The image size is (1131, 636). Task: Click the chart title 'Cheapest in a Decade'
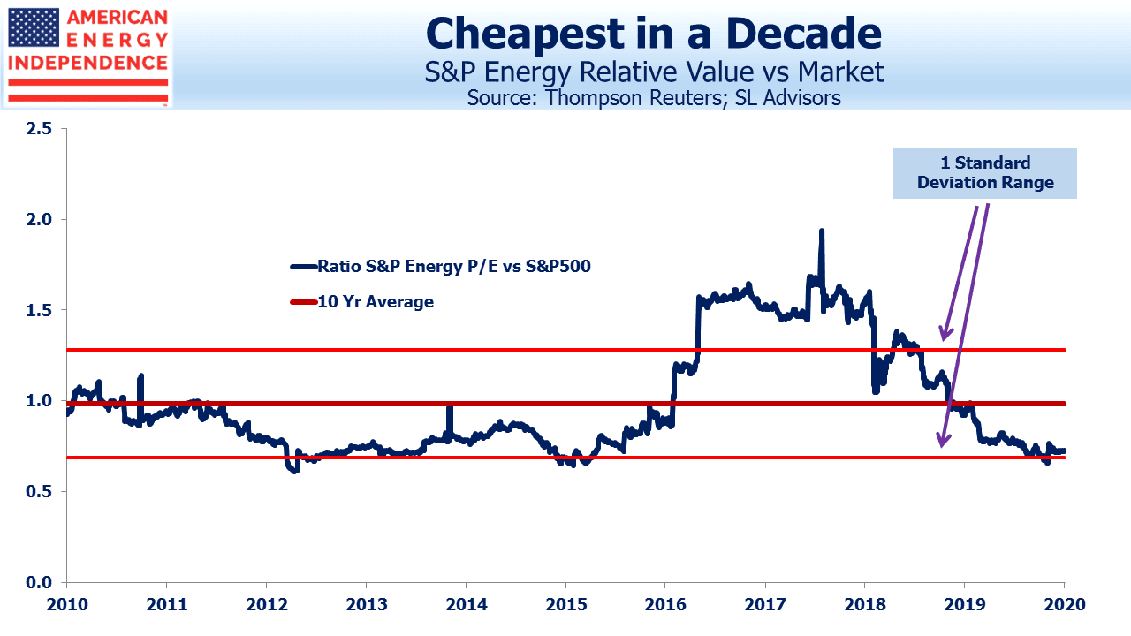[653, 34]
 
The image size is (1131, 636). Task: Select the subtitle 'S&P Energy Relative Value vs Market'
[653, 72]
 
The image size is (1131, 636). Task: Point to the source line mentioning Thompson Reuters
[653, 98]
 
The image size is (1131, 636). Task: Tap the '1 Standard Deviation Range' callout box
[984, 172]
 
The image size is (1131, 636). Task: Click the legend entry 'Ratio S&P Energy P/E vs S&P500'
[440, 266]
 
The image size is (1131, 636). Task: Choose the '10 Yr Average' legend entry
[362, 302]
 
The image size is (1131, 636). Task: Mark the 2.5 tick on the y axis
[39, 129]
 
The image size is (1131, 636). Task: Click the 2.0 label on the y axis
[39, 219]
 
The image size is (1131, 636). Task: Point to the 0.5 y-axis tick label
[39, 491]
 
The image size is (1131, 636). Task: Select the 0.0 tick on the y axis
[39, 582]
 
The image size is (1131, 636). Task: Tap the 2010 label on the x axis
[66, 604]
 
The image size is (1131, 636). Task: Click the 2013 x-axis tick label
[367, 604]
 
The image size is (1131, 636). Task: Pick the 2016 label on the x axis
[665, 604]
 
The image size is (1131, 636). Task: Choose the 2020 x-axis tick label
[1065, 604]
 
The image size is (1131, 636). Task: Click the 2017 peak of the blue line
[822, 231]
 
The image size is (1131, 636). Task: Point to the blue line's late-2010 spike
[140, 375]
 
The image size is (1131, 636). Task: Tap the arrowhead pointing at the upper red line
[945, 333]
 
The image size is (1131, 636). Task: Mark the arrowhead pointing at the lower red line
[943, 440]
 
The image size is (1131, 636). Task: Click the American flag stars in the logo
[34, 27]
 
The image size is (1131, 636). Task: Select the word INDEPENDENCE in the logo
[87, 63]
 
